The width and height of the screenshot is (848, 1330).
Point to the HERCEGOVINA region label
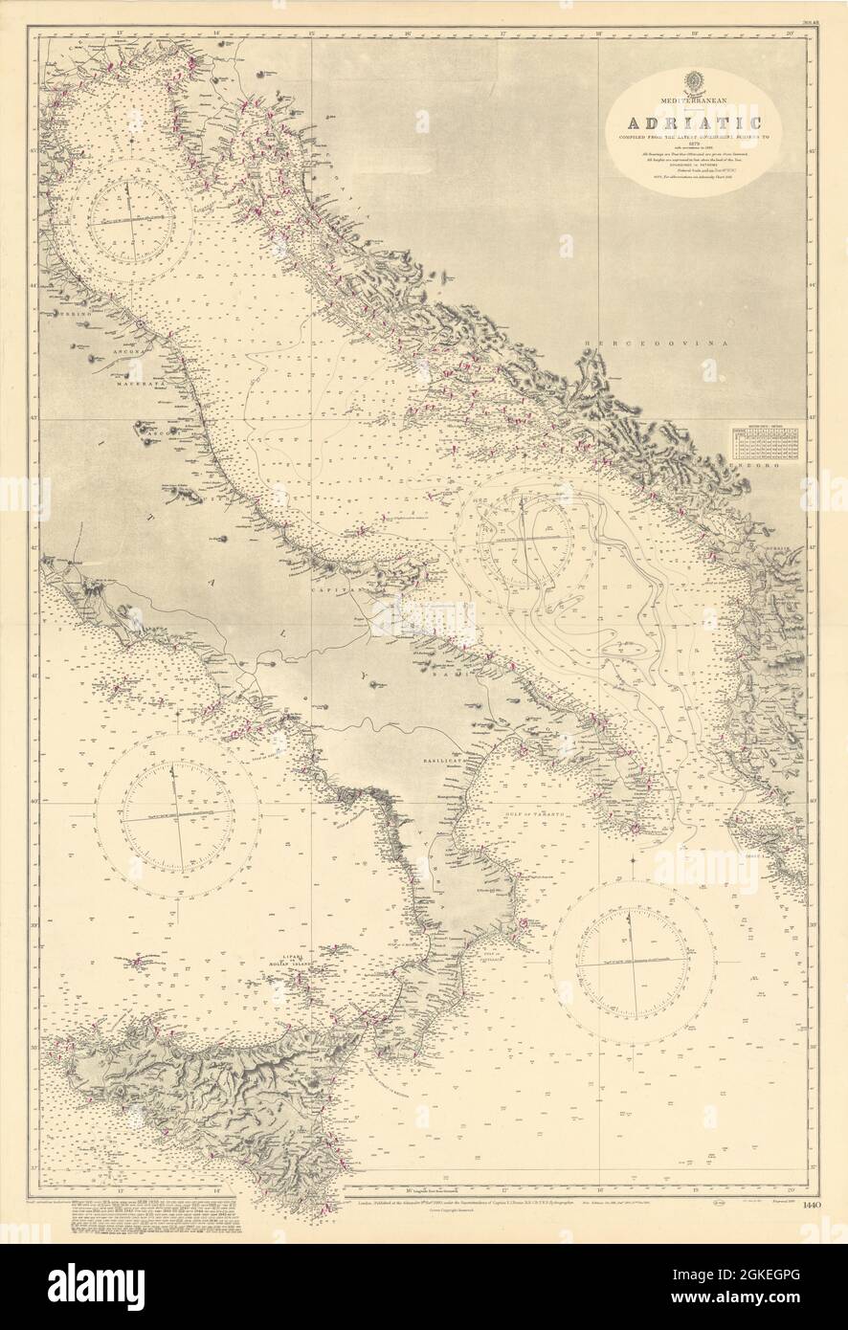pos(633,342)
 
